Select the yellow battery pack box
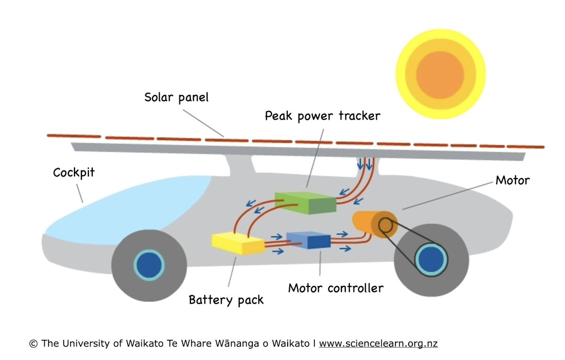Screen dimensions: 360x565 [238, 243]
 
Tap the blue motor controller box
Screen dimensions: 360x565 [308, 240]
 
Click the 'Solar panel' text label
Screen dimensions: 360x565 [176, 98]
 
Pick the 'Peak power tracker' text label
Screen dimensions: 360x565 [323, 115]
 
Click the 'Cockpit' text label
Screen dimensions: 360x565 [73, 172]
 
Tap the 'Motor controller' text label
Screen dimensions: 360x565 [336, 287]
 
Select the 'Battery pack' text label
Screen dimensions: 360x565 [226, 300]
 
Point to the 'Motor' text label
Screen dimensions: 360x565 [512, 180]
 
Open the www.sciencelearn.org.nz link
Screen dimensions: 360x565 [378, 344]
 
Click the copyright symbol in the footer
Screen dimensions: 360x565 [33, 344]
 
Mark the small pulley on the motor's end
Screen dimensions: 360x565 [386, 225]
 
